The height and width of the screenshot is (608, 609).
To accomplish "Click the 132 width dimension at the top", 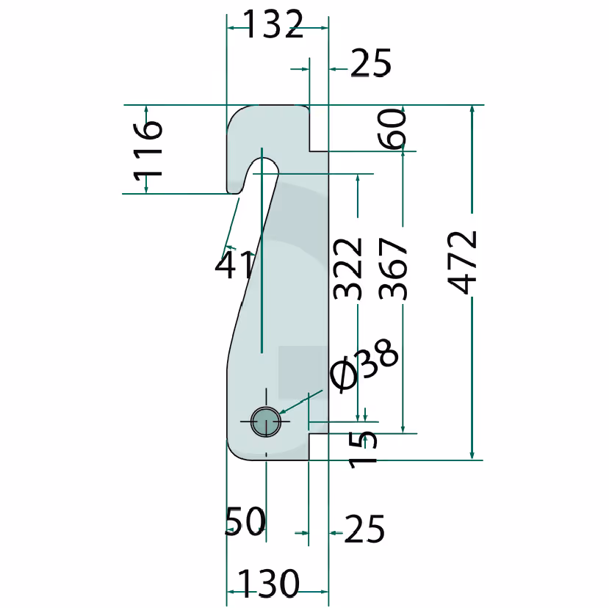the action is [273, 24].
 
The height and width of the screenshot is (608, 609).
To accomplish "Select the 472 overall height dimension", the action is [462, 262].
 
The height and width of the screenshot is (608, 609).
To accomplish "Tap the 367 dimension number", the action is [393, 269].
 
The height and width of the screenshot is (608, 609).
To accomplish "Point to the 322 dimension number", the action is [347, 269].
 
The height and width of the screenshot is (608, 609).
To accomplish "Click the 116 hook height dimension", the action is [148, 151].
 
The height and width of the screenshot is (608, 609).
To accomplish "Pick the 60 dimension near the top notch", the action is [392, 129].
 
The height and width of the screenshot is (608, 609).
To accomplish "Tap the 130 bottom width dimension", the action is [268, 583].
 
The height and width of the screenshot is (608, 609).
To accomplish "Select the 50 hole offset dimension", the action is [245, 521].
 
